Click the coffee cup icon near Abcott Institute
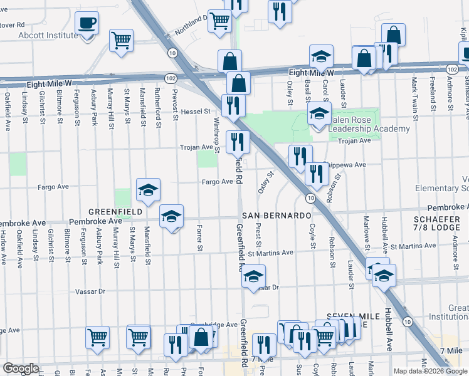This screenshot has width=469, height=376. coord(87,24)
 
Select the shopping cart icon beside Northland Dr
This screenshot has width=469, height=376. coord(219,21)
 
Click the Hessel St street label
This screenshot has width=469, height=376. coord(196,112)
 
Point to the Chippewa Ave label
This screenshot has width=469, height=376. coord(344,164)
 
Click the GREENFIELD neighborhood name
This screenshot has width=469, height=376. coord(115,212)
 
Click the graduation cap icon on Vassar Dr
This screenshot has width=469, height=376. coord(253,276)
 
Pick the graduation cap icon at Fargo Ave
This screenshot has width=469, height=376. coord(148,190)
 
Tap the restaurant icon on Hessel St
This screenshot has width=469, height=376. coord(233,105)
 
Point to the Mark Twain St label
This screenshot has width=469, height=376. coord(414,93)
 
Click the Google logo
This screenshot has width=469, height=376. coord(21,368)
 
